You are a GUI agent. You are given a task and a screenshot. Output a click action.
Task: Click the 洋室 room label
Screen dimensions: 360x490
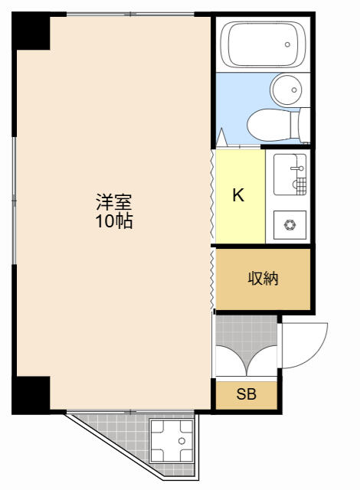(114, 202)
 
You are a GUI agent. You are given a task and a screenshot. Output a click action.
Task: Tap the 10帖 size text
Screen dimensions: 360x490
(114, 221)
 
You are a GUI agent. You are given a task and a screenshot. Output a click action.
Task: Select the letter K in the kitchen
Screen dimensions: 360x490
(238, 195)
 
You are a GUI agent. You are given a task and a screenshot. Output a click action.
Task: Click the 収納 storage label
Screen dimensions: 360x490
(263, 278)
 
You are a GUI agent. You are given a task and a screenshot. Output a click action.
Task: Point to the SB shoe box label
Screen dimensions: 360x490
(246, 394)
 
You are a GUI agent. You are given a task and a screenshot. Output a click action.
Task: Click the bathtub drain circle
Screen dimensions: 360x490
(287, 44)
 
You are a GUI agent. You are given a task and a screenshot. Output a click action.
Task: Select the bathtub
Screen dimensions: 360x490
(263, 44)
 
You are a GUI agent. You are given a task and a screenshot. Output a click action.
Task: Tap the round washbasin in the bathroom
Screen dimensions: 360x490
(286, 90)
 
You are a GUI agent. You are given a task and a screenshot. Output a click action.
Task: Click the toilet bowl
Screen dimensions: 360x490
(269, 125)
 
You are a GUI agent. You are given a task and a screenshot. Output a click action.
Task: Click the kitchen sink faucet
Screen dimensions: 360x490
(297, 168)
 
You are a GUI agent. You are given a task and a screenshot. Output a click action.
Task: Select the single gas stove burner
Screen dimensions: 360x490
(290, 224)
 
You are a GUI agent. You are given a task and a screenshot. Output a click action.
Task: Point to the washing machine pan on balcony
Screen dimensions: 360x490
(172, 441)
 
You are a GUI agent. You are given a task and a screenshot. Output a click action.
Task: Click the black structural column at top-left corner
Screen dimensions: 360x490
(31, 31)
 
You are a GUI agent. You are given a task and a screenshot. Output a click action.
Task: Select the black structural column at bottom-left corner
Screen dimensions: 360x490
(31, 395)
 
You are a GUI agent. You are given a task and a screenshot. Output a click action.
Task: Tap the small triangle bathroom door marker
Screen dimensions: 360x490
(221, 137)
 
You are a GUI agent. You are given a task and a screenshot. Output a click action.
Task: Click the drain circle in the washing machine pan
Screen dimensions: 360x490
(182, 441)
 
